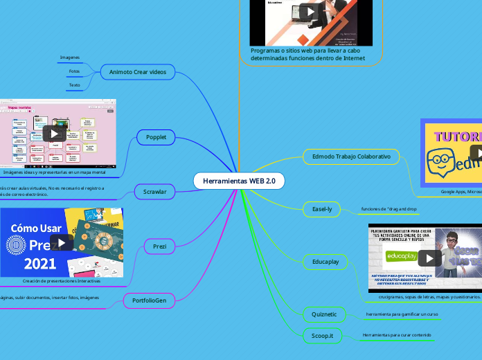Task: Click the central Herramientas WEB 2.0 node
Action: [x=239, y=181]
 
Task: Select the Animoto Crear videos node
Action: [x=138, y=71]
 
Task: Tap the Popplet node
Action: [x=157, y=138]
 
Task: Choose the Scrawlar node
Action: [x=154, y=191]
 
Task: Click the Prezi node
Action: [x=159, y=246]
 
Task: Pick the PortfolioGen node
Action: [x=149, y=300]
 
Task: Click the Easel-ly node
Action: [x=321, y=208]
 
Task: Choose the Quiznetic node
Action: [x=324, y=314]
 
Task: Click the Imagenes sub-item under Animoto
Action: [x=70, y=57]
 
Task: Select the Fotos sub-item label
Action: [x=74, y=71]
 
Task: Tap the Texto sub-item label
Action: [x=74, y=85]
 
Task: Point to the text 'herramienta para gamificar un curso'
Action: [x=402, y=314]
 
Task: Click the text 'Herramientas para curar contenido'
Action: [x=397, y=335]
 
